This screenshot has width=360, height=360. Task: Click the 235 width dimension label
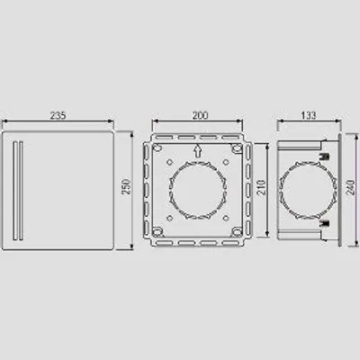pyautogui.click(x=58, y=115)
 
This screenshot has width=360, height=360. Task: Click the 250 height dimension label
pyautogui.click(x=126, y=186)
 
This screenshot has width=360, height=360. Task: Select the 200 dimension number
pyautogui.click(x=200, y=115)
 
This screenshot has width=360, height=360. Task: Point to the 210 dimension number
pyautogui.click(x=261, y=187)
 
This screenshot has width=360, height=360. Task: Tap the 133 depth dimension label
pyautogui.click(x=309, y=115)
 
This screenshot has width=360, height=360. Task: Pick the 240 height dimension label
pyautogui.click(x=351, y=187)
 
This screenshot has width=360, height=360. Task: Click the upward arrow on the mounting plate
pyautogui.click(x=197, y=151)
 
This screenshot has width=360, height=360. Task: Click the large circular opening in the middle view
pyautogui.click(x=198, y=190)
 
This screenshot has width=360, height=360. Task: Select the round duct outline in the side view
pyautogui.click(x=308, y=190)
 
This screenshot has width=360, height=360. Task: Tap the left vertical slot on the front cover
pyautogui.click(x=15, y=191)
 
